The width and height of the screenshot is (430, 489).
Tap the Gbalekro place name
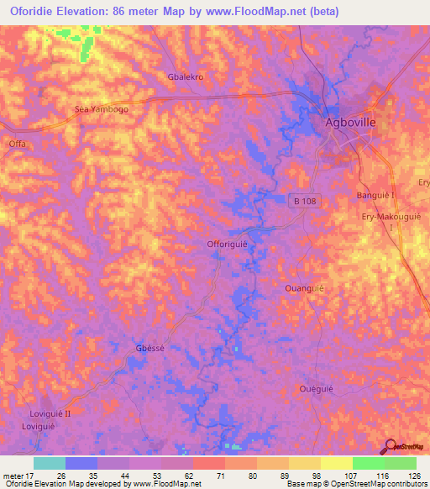186,76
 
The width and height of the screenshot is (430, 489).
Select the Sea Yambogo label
102,109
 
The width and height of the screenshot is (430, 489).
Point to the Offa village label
17,144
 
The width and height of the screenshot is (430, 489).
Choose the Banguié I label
376,196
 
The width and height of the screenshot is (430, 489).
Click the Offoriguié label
228,244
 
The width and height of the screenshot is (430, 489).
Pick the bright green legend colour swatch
368,463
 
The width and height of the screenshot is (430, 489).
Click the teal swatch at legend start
49,463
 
